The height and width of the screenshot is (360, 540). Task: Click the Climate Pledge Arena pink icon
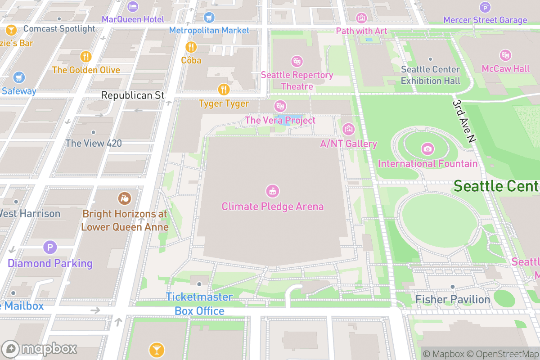coord(272,191)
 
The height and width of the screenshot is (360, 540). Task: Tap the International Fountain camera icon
coord(427,148)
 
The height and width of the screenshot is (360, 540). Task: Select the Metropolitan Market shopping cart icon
coord(209,18)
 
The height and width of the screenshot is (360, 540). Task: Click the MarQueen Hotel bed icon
coord(133,6)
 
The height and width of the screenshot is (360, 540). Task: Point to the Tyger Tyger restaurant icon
coord(224,89)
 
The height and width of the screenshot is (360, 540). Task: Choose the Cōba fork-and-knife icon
coord(191,46)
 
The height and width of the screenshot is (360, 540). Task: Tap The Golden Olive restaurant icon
coord(86,56)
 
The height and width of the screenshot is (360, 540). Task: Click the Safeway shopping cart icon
coord(19,77)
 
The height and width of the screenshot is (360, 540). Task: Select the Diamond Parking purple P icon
coord(50,247)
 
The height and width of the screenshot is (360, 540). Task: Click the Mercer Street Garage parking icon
coord(485,7)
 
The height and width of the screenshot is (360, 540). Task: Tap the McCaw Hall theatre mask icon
coord(506,55)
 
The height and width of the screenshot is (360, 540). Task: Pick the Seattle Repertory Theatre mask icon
coord(297,61)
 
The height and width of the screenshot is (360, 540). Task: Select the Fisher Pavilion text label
coord(452,299)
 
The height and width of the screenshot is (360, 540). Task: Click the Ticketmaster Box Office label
coord(199,304)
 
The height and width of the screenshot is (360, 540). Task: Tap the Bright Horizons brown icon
coord(125,198)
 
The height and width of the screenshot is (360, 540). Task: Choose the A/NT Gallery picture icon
coord(348,130)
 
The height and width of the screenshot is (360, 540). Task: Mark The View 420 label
coord(94,144)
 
